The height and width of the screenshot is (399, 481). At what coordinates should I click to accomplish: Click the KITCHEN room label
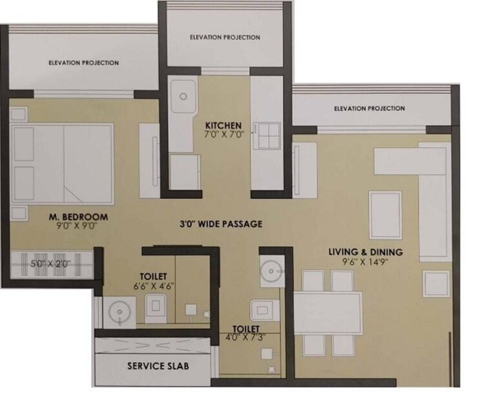[x=223, y=125]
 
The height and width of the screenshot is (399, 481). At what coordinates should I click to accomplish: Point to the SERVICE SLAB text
[x=158, y=365]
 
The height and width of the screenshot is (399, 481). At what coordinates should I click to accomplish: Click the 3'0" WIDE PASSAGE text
[x=221, y=224]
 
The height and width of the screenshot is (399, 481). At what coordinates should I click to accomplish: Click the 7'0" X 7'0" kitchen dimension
[x=223, y=135]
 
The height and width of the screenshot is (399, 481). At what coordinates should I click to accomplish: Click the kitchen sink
[x=183, y=97]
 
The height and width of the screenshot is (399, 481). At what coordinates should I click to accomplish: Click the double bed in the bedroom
[x=63, y=163]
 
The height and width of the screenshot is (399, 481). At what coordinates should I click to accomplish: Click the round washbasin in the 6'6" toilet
[x=119, y=310]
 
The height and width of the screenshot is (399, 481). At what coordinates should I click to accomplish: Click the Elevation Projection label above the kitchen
[x=225, y=37]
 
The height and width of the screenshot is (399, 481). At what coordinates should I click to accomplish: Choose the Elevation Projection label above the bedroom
[x=83, y=63]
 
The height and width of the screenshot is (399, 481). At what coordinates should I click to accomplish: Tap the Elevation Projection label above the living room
[x=369, y=108]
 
